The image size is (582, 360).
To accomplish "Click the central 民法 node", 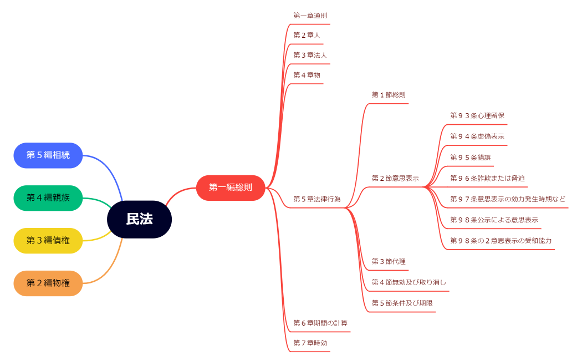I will (x=139, y=219).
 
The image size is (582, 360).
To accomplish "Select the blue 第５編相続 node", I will (x=48, y=155).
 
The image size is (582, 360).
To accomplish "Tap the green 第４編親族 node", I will (x=48, y=198).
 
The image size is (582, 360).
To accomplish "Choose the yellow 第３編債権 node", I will (x=48, y=241).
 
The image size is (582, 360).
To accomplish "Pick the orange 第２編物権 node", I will (x=48, y=283).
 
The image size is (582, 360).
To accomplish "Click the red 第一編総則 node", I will (x=231, y=187).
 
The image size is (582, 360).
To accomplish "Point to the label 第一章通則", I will (x=310, y=16).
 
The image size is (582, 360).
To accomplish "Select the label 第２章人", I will (x=307, y=35).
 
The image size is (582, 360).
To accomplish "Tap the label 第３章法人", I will (x=310, y=55).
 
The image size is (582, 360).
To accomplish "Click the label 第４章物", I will (x=307, y=75).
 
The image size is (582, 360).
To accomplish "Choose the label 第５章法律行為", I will (x=317, y=199).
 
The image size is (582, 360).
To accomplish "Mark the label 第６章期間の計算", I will (x=320, y=323).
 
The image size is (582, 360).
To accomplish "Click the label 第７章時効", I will (x=310, y=343).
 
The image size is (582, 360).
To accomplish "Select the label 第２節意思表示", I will (x=395, y=178).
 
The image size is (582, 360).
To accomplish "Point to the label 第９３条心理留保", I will (x=477, y=115).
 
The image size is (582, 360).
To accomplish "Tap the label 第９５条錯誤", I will (x=470, y=157).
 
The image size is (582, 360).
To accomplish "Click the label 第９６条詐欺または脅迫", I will (x=487, y=178).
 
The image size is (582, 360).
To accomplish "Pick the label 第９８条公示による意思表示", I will (x=494, y=220).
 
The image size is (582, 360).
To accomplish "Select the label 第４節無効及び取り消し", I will (x=409, y=282).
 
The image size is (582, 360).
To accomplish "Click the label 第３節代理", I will (x=389, y=261).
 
